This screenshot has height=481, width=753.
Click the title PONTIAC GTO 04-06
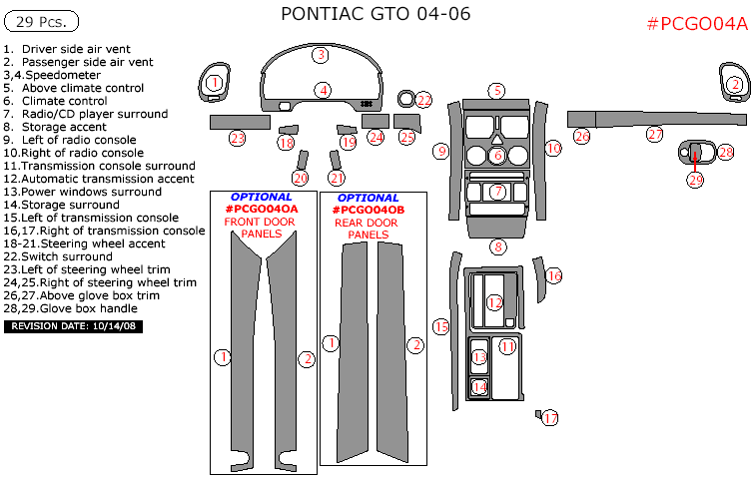coord(376,14)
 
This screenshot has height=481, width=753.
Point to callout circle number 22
coord(424,100)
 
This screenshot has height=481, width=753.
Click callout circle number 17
coord(550,418)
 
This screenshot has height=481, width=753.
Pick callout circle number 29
coord(695,180)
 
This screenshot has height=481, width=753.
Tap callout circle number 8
coord(497,246)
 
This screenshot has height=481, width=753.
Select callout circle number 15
coord(440,326)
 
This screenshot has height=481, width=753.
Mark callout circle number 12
coord(494,302)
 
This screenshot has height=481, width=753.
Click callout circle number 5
coord(496,90)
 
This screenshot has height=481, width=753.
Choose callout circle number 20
coord(300,178)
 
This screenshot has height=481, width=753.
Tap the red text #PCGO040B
coord(369,211)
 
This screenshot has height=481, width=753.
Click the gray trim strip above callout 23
coord(237,122)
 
